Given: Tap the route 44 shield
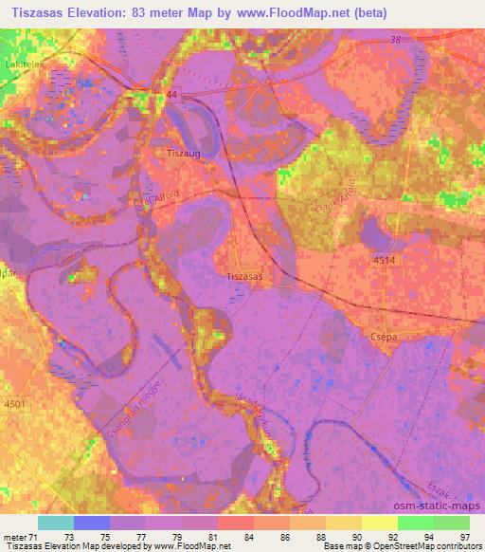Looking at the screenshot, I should pos(173,97).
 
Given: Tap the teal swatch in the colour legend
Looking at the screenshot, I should pos(55,523).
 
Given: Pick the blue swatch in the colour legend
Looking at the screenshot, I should pos(91,523).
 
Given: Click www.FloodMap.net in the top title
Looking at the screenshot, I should pos(301,12).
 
